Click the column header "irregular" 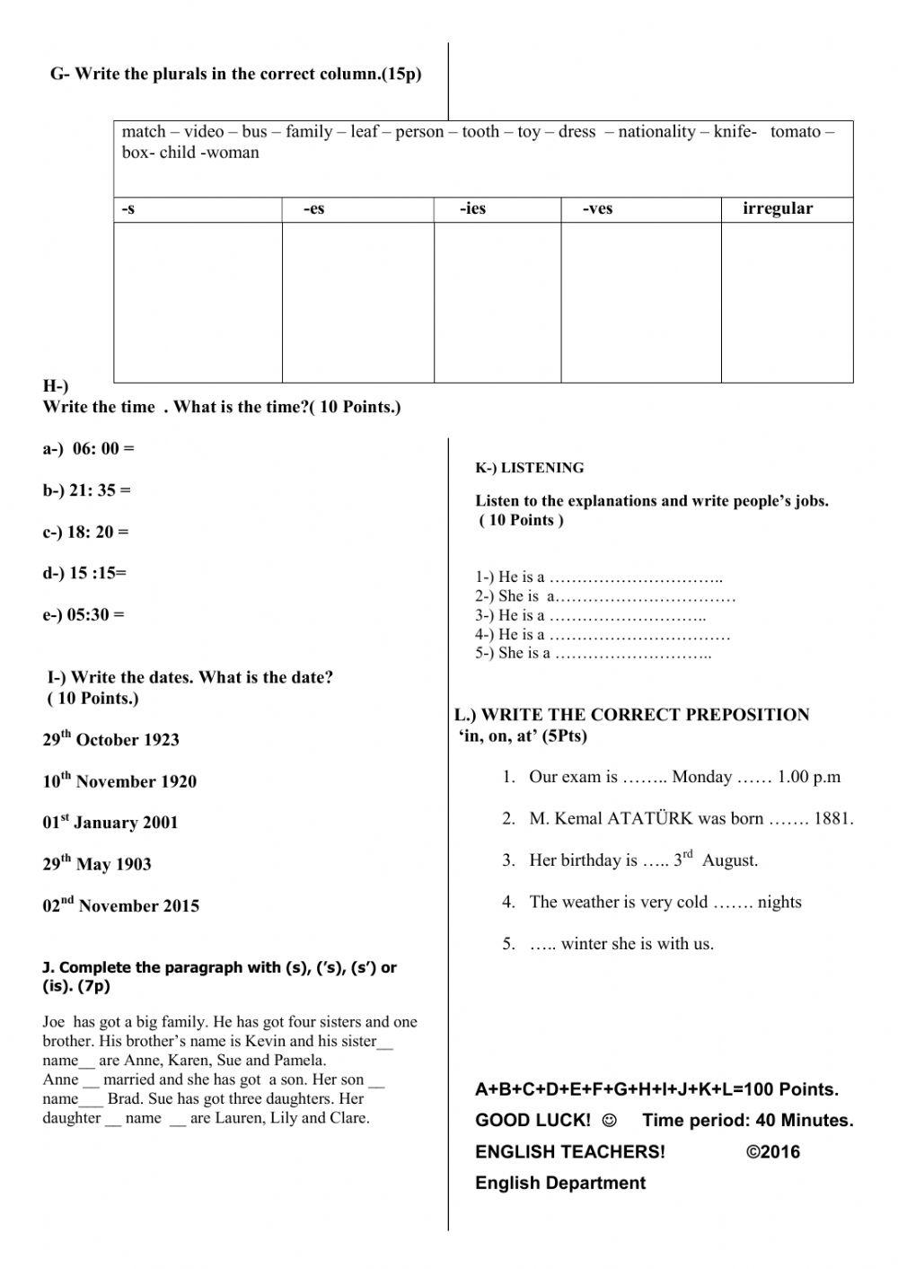pyautogui.click(x=777, y=208)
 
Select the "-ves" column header pyautogui.click(x=597, y=209)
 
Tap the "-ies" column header pyautogui.click(x=472, y=209)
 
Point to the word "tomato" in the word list pyautogui.click(x=795, y=132)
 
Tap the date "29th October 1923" pyautogui.click(x=110, y=739)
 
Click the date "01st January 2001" pyautogui.click(x=110, y=823)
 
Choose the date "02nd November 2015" pyautogui.click(x=120, y=905)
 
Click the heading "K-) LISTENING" pyautogui.click(x=529, y=468)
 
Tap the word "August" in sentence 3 pyautogui.click(x=729, y=860)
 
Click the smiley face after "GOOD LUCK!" pyautogui.click(x=610, y=1121)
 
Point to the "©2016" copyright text pyautogui.click(x=772, y=1152)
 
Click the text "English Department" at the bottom pyautogui.click(x=559, y=1183)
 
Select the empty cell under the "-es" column pyautogui.click(x=357, y=303)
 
